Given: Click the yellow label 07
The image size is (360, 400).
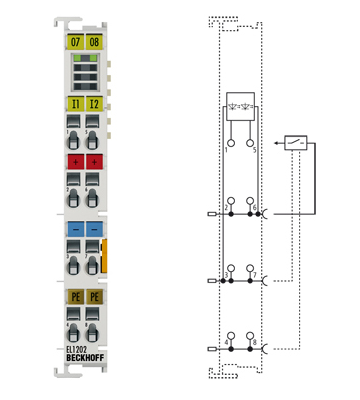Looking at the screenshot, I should coord(75,43).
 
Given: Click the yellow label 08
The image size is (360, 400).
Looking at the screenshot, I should coord(95,43).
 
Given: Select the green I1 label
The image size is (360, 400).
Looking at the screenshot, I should coord(75,103).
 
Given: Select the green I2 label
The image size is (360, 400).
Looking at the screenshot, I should coord(95,103).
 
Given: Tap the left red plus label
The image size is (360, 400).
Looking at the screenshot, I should coord(75,162).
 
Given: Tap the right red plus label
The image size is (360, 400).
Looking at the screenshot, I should coord(95,162).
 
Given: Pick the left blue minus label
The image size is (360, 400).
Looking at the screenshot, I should coord(75,228).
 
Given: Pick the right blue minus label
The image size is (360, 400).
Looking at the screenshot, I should coord(95,228).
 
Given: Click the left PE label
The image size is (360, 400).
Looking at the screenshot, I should coord(75,297).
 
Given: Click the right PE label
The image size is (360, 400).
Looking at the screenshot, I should coord(95,297).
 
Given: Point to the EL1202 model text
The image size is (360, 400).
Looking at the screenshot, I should coord(76,350).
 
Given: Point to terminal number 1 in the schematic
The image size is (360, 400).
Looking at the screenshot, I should coord(227,147).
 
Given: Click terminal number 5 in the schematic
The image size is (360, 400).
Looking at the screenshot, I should coord(255,147).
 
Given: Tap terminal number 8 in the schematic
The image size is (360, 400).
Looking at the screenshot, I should coord(255,343).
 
